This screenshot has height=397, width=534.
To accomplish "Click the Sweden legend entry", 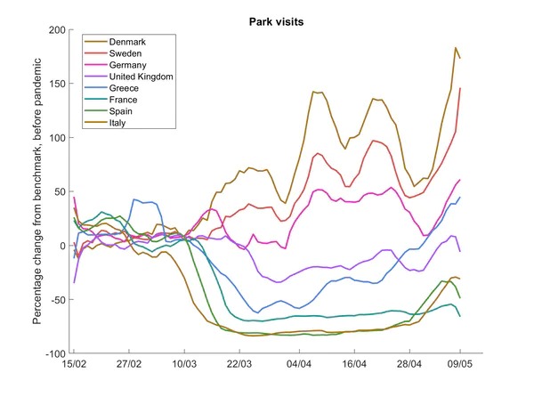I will pos(125,54).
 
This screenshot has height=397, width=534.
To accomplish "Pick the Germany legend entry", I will pos(126,66).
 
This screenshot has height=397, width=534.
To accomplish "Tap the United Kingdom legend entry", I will pos(140,77).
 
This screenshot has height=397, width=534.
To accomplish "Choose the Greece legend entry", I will pos(123,89).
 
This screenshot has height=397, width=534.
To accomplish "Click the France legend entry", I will pos(123,101).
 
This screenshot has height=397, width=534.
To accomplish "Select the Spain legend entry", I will pos(121,112).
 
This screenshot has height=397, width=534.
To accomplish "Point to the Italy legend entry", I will pos(118,124).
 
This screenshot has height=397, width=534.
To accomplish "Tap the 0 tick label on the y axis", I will pos(62,246).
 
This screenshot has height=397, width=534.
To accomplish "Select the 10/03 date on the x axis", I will pos(184,365).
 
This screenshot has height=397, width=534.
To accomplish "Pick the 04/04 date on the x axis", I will pos(299,365).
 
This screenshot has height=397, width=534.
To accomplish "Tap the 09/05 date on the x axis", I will pos(460,365).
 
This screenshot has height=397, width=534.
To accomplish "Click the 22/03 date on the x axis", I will pos(240,365).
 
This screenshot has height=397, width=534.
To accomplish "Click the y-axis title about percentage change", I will pos(37,191).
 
